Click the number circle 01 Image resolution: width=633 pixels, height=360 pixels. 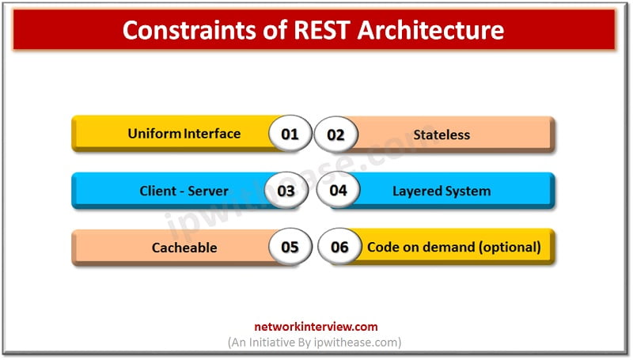click(290, 134)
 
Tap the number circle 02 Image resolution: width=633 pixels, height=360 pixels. click(335, 135)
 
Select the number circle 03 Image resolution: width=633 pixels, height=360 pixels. click(286, 191)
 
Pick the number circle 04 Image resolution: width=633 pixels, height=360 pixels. click(339, 190)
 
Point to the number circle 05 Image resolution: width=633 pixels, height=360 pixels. click(290, 247)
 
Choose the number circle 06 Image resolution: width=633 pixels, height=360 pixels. click(339, 247)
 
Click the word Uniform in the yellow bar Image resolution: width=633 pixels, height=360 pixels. click(154, 134)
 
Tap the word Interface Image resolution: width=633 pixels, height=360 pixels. click(212, 134)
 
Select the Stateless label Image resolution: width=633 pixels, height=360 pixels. click(442, 135)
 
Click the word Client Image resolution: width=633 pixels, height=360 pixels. click(157, 191)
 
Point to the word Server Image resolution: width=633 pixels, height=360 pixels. click(208, 191)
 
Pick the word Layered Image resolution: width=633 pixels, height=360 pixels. click(415, 191)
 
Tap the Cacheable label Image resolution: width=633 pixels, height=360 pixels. click(184, 248)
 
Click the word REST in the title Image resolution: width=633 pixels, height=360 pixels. click(322, 30)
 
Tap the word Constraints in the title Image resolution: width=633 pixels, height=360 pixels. click(189, 30)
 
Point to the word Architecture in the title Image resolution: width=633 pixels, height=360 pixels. click(430, 30)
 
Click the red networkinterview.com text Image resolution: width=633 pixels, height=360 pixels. click(316, 327)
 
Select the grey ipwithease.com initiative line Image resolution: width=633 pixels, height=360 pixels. click(315, 343)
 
